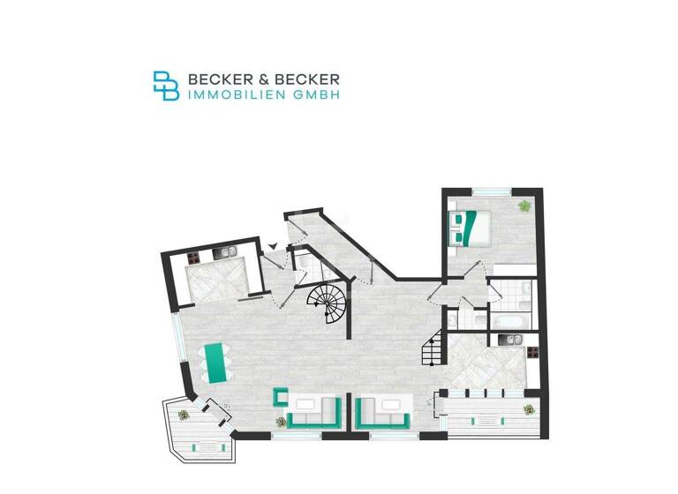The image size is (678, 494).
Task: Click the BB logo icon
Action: [166, 86]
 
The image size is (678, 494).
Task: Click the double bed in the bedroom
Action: [468, 226]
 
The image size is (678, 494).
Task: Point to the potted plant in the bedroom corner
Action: [524, 206]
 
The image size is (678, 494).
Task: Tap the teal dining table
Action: [214, 360]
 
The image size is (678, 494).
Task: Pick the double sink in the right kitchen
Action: [509, 339]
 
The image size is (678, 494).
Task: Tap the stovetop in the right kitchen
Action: [533, 352]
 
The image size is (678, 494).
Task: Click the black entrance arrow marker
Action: [274, 248]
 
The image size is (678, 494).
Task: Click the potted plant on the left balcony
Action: [185, 414]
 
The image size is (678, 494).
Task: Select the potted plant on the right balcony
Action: [529, 408]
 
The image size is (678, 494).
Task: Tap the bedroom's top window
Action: [491, 191]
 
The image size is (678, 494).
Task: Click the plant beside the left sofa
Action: [282, 421]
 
